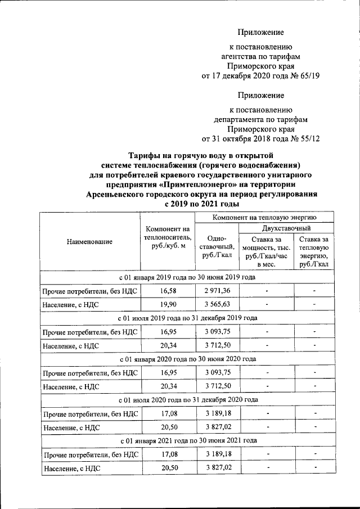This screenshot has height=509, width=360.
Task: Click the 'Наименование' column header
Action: point(89,242)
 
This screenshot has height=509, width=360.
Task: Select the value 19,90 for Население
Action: point(168,304)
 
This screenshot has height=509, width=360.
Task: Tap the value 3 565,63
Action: point(217,304)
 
